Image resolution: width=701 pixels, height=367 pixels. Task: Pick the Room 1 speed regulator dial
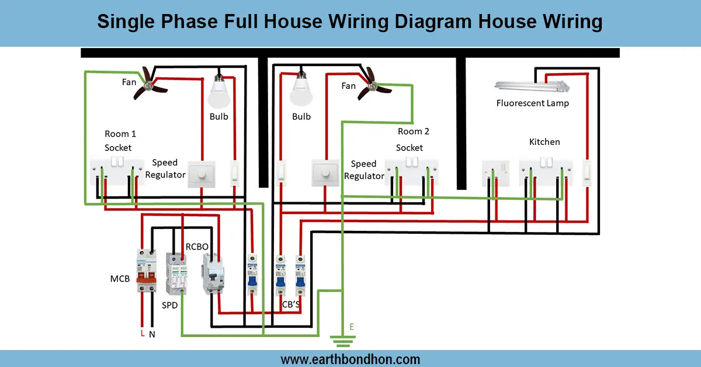(202, 174)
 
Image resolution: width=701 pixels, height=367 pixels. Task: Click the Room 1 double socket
(117, 171)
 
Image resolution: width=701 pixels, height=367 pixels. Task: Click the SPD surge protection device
(176, 273)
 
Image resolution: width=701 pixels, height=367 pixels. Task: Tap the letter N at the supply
(152, 334)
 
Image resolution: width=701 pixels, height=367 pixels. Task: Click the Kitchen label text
(544, 142)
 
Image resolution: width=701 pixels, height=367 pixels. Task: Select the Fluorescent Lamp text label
(532, 103)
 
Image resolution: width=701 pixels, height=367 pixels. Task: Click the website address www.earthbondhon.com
(350, 359)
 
